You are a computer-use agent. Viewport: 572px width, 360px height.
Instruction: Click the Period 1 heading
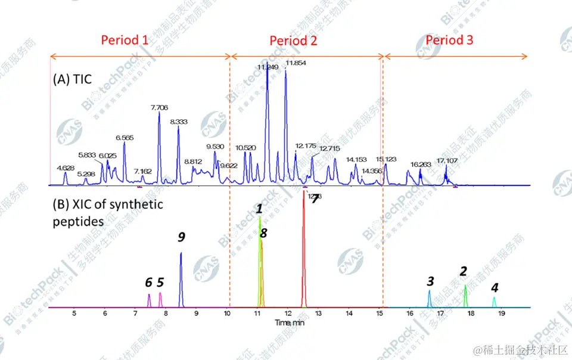point(125,40)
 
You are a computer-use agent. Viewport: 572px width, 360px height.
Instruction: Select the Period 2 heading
point(293,41)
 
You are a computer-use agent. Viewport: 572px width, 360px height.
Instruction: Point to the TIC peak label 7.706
point(159,107)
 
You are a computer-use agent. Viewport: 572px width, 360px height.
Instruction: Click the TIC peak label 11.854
point(296,63)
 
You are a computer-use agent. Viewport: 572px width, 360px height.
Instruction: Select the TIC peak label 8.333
point(179,122)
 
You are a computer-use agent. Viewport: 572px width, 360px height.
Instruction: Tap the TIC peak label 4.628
point(65,167)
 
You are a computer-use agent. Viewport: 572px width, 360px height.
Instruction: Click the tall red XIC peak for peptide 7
point(303,250)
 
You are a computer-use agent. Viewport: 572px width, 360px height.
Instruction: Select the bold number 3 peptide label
point(430,280)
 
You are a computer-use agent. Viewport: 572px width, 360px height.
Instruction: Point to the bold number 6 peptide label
point(148,282)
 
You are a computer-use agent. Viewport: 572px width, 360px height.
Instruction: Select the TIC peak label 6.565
point(125,137)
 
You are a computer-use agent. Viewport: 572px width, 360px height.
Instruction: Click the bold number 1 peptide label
point(259,209)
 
